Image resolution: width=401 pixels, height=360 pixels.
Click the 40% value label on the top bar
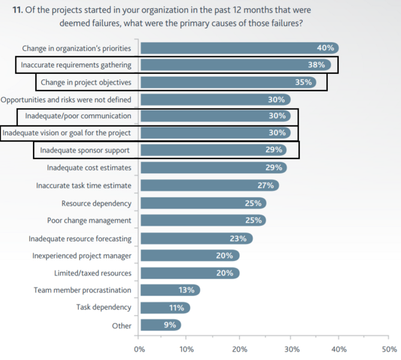[325, 48]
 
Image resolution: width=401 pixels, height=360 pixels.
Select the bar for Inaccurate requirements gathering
[236, 65]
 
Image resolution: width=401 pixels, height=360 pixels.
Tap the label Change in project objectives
[86, 82]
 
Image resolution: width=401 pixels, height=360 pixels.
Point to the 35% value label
[303, 82]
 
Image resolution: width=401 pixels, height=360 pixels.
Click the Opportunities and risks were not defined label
[66, 100]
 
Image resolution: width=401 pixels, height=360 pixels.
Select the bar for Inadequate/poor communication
[216, 116]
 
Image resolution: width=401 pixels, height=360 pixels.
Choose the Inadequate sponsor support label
[85, 150]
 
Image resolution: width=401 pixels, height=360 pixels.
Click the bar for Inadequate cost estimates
[213, 168]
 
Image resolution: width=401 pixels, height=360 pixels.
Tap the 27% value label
[266, 185]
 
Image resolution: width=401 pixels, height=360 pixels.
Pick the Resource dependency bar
[203, 203]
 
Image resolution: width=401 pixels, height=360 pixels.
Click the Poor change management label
[89, 220]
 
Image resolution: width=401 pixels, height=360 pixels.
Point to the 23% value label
[238, 238]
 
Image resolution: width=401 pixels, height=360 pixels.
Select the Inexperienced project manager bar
[190, 256]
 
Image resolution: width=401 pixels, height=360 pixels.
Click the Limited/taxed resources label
[92, 273]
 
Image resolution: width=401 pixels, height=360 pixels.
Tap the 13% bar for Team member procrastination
[170, 290]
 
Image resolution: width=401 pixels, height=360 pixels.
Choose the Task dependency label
[104, 307]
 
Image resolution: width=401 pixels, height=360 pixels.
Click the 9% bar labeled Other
[161, 325]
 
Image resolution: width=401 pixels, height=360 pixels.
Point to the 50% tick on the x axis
[388, 337]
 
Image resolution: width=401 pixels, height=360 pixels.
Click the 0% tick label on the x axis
[140, 350]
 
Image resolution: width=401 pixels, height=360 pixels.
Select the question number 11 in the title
[17, 10]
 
